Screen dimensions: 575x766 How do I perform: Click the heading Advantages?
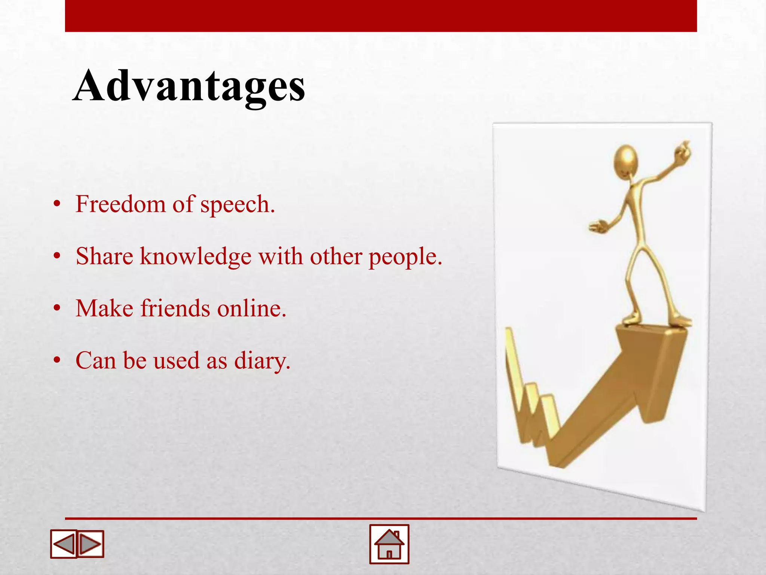[x=189, y=86]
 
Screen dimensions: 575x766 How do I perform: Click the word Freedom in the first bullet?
[x=120, y=204]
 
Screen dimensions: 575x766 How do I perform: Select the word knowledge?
[x=196, y=257]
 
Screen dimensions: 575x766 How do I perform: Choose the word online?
[x=252, y=308]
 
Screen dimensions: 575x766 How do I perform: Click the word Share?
[x=104, y=256]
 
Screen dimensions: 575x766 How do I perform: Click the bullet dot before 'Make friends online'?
[x=57, y=308]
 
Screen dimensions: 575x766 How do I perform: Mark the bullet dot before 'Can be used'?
[x=57, y=360]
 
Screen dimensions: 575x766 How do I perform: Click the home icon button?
[x=389, y=544]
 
